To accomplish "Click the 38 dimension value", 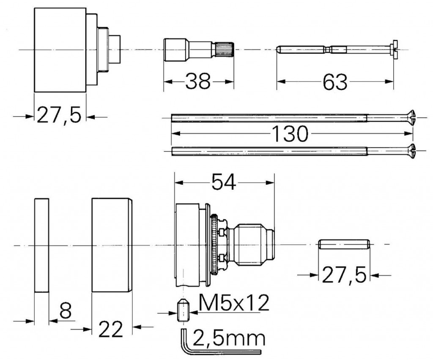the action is pos(198,81).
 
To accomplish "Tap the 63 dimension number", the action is pos(335,82).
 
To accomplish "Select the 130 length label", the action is pos(290,134).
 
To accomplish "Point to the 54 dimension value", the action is pos(224,182).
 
